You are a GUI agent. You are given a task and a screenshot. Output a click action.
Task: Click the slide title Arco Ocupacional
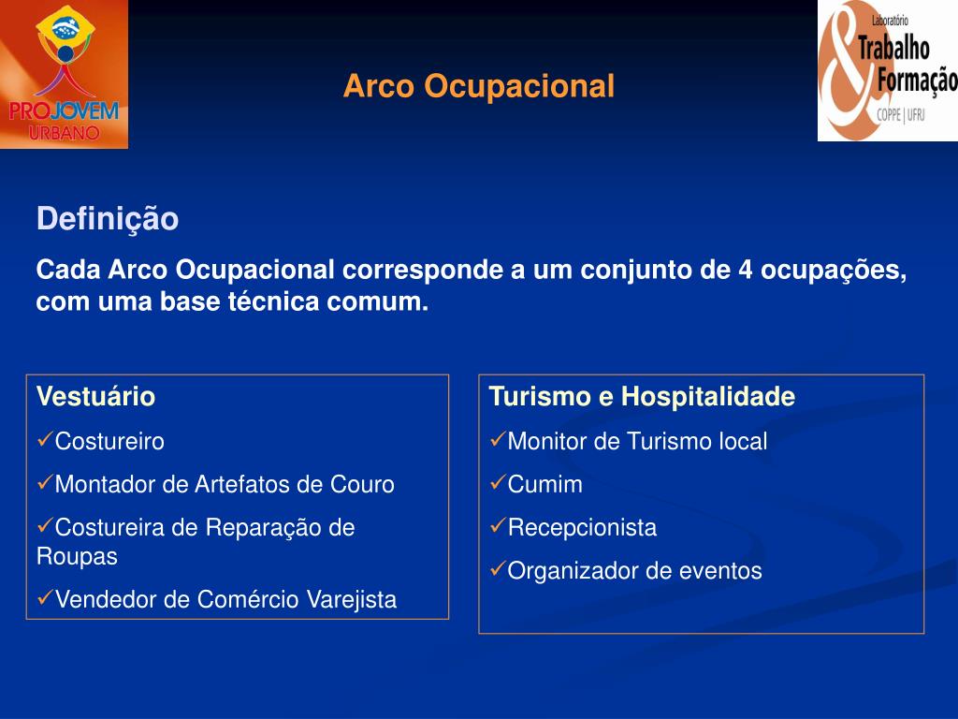(478, 85)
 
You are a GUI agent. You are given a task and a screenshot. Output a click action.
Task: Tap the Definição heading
(108, 219)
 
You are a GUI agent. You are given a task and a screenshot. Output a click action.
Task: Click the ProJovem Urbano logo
(65, 74)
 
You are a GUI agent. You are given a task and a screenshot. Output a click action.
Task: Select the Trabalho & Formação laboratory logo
(888, 70)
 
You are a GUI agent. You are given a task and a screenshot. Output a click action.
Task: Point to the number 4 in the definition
(745, 270)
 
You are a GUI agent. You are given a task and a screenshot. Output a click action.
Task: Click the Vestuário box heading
(96, 396)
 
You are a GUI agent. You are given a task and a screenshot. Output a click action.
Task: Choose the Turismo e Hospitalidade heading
(642, 396)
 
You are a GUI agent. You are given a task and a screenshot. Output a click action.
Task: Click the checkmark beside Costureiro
(45, 439)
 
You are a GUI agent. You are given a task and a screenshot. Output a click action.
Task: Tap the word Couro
(362, 484)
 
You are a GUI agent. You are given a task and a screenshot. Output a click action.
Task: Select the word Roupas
(77, 557)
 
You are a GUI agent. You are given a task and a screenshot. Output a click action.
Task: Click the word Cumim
(545, 484)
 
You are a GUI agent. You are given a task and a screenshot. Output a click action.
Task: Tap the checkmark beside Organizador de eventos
(498, 568)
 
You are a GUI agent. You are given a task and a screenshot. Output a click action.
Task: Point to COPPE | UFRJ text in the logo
(901, 114)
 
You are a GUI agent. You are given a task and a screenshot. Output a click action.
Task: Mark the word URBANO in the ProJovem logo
(65, 133)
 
